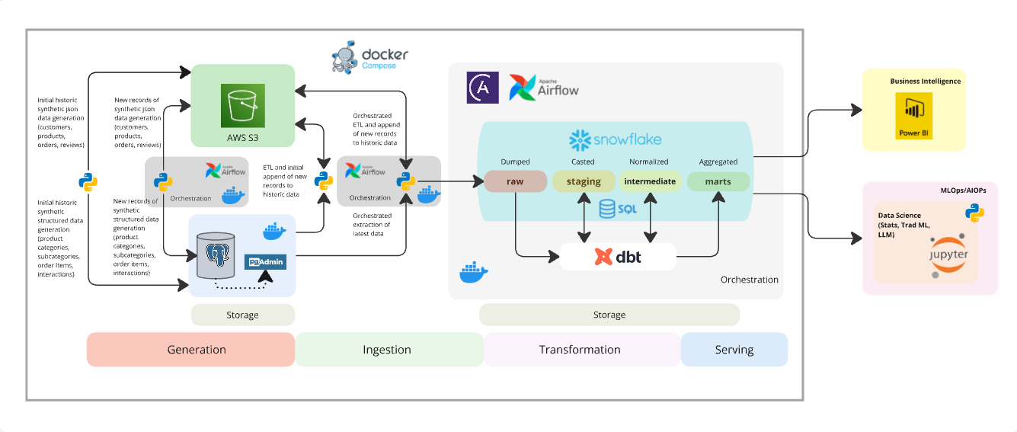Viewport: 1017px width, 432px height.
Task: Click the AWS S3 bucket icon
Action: click(x=242, y=106)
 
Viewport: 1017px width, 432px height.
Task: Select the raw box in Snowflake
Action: click(x=516, y=181)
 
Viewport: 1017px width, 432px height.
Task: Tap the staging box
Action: click(x=584, y=181)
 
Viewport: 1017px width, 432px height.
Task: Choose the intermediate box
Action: click(x=650, y=181)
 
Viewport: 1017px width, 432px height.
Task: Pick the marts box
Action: click(x=718, y=181)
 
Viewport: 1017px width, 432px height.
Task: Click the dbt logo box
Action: click(x=618, y=257)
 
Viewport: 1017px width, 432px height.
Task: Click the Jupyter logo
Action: click(x=948, y=254)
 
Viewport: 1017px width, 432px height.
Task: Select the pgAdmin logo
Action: click(x=264, y=262)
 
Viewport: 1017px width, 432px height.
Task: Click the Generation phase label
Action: click(x=190, y=350)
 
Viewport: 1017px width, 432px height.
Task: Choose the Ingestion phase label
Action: click(x=388, y=350)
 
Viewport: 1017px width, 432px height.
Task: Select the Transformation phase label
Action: click(x=580, y=350)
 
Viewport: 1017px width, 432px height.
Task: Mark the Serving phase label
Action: click(x=734, y=350)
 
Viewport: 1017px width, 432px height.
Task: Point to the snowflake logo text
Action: click(x=616, y=139)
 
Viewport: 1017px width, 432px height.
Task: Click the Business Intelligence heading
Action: click(x=925, y=82)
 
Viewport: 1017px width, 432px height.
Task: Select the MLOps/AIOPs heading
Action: click(x=963, y=190)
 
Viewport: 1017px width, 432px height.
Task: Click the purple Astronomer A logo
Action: click(x=482, y=88)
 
